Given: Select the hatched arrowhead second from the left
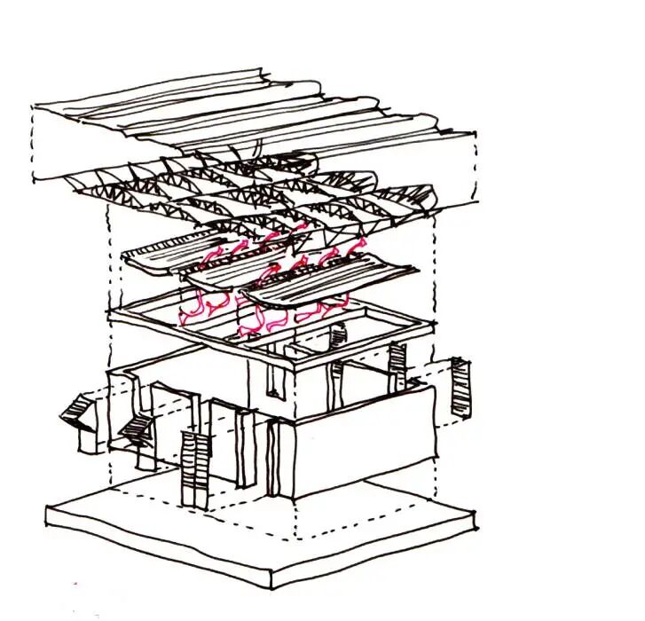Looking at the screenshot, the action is tap(136, 431).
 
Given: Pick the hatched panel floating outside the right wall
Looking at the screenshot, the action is tap(460, 387).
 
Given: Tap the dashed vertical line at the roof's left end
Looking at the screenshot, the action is tap(34, 142).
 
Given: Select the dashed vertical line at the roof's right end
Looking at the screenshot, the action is tap(476, 164).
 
